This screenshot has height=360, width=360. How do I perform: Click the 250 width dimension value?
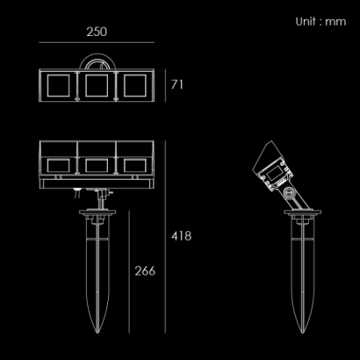click(97, 32)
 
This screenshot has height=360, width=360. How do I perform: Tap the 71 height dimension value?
click(177, 84)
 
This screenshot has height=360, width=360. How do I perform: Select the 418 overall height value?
click(182, 236)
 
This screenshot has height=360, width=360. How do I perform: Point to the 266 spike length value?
click(145, 271)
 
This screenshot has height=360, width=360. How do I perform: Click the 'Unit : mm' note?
click(320, 22)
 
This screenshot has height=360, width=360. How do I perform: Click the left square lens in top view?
click(59, 85)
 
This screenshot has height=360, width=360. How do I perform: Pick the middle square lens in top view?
click(97, 85)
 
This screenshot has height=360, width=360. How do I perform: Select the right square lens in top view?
click(135, 85)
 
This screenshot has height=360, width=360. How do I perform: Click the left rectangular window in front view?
click(59, 166)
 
